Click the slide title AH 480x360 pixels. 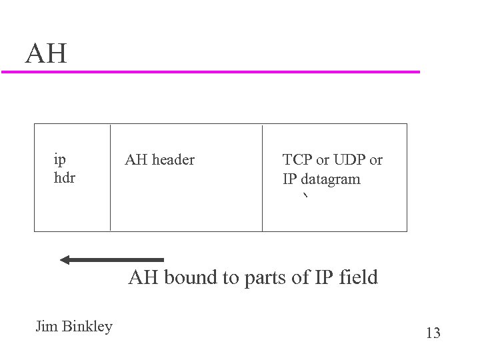pyautogui.click(x=46, y=54)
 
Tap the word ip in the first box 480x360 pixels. pyautogui.click(x=59, y=160)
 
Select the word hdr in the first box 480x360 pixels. pyautogui.click(x=64, y=179)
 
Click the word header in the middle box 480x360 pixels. pyautogui.click(x=173, y=160)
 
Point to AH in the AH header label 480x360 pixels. pyautogui.click(x=136, y=160)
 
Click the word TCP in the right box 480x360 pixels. pyautogui.click(x=297, y=160)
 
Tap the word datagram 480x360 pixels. pyautogui.click(x=330, y=179)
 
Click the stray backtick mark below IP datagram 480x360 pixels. pyautogui.click(x=305, y=196)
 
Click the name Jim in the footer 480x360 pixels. pyautogui.click(x=46, y=327)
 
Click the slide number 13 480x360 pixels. pyautogui.click(x=433, y=333)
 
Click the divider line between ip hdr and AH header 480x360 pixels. pyautogui.click(x=110, y=177)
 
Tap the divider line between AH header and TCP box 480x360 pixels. pyautogui.click(x=262, y=177)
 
